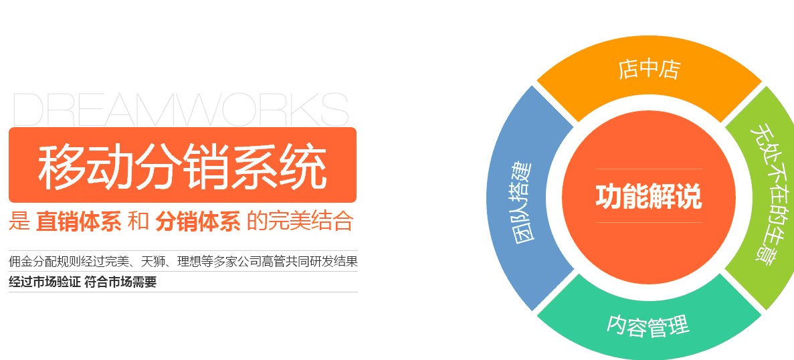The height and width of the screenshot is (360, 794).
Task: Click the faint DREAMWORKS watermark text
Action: click(181, 109)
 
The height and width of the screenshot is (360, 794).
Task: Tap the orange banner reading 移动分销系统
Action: click(183, 165)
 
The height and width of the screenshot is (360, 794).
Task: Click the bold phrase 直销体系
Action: click(78, 222)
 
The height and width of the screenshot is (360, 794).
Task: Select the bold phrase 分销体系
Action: click(198, 222)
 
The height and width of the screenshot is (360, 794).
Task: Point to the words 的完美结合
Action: click(300, 222)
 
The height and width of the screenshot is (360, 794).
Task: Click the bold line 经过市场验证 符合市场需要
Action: click(82, 282)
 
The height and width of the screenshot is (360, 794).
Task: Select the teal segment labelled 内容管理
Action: click(649, 320)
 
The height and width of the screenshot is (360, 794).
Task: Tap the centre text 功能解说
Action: click(649, 197)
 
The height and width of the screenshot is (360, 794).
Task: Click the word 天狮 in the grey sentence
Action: click(153, 262)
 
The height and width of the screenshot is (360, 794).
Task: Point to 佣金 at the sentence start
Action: click(21, 262)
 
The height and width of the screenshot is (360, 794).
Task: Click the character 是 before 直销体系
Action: click(19, 222)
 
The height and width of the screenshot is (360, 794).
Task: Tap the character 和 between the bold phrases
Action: click(138, 222)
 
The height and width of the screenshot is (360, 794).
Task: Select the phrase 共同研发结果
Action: click(322, 262)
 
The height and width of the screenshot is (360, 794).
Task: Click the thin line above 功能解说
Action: click(649, 169)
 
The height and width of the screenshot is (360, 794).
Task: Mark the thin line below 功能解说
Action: click(649, 222)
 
